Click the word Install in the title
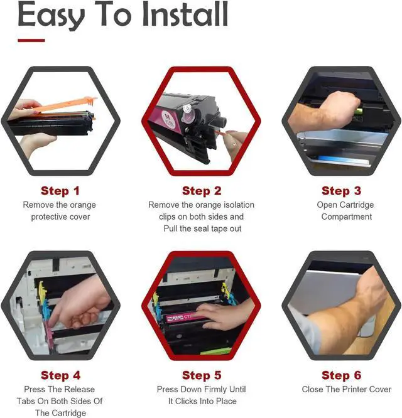coord(185,14)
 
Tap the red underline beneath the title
coord(31,41)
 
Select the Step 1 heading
coord(60,191)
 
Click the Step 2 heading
coord(202,191)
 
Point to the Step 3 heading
coord(341,191)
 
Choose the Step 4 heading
coord(60,375)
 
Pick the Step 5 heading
coord(202,375)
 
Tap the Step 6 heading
coord(341,375)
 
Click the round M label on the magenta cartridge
coord(168,119)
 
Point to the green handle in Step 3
coord(358,110)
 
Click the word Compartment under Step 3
coord(347,217)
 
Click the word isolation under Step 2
coord(239,205)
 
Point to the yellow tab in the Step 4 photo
coord(42,289)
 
